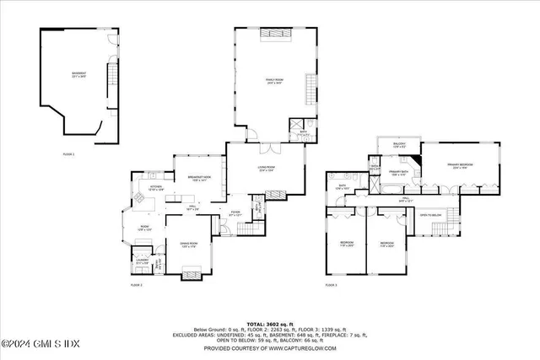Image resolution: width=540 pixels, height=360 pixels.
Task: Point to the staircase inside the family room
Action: coord(310,89)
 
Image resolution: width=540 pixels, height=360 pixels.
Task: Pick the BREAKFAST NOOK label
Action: coord(199,178)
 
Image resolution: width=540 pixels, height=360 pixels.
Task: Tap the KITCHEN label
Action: coord(156,189)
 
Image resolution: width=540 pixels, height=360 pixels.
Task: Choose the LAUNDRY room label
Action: coord(142,261)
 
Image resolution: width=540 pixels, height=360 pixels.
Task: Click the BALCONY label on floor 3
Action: coord(399,145)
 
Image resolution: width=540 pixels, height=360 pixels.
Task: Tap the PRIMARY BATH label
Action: coord(398,175)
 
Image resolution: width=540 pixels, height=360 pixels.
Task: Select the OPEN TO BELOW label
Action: coord(430,215)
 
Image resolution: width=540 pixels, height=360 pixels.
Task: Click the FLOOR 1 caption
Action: coord(69,153)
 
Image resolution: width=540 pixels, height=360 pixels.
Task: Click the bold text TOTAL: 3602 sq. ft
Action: coord(269,324)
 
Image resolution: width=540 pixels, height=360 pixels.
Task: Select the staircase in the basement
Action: coord(109,80)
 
